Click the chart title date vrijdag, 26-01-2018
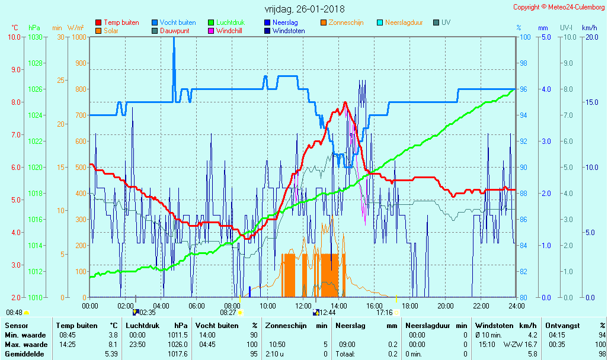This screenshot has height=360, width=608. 304,9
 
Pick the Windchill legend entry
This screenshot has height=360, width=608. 228,31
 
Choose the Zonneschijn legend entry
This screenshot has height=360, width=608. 346,22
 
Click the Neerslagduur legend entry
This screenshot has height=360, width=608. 404,22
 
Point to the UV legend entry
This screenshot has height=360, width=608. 446,22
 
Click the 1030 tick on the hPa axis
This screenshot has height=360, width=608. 36,37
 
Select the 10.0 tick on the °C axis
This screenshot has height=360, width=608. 14,37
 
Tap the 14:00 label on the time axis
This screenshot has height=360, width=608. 339,306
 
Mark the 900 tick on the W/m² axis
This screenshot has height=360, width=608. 79,63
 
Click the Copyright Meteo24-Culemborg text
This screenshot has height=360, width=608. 559,7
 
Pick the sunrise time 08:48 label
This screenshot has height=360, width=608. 14,312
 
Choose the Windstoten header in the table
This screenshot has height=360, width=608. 494,326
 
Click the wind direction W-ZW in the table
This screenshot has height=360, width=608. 513,344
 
